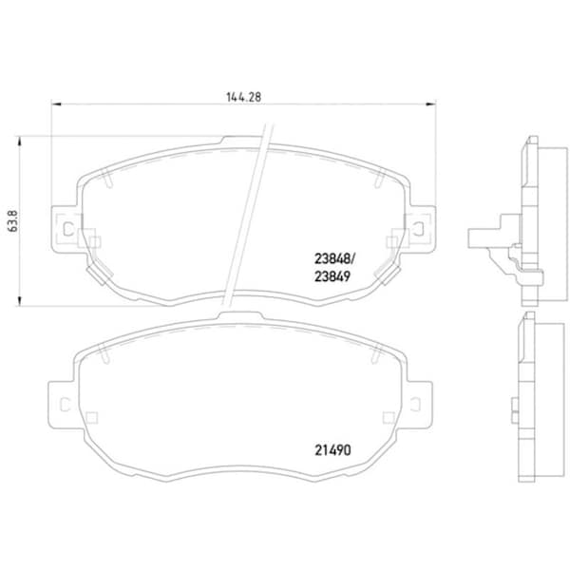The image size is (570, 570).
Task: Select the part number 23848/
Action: pyautogui.click(x=334, y=256)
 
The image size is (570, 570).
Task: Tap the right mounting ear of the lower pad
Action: pyautogui.click(x=419, y=404)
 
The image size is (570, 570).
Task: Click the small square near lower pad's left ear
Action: pyautogui.click(x=92, y=417)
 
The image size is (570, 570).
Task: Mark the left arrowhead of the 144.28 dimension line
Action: pyautogui.click(x=53, y=104)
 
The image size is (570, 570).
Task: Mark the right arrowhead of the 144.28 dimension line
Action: pyautogui.click(x=433, y=104)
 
